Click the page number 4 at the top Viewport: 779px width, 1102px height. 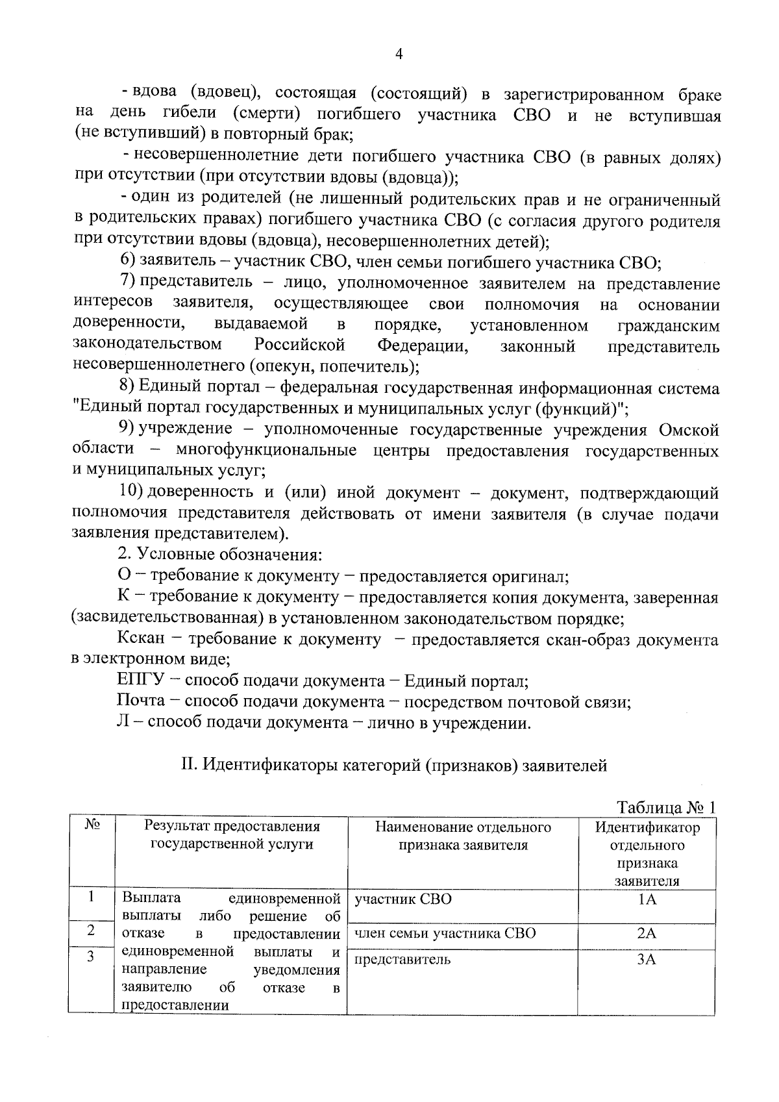399,55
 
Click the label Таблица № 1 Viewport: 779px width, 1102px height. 665,807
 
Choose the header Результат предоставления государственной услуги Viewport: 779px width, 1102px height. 232,835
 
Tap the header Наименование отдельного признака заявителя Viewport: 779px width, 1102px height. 462,836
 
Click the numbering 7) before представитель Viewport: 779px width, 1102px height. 127,284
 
